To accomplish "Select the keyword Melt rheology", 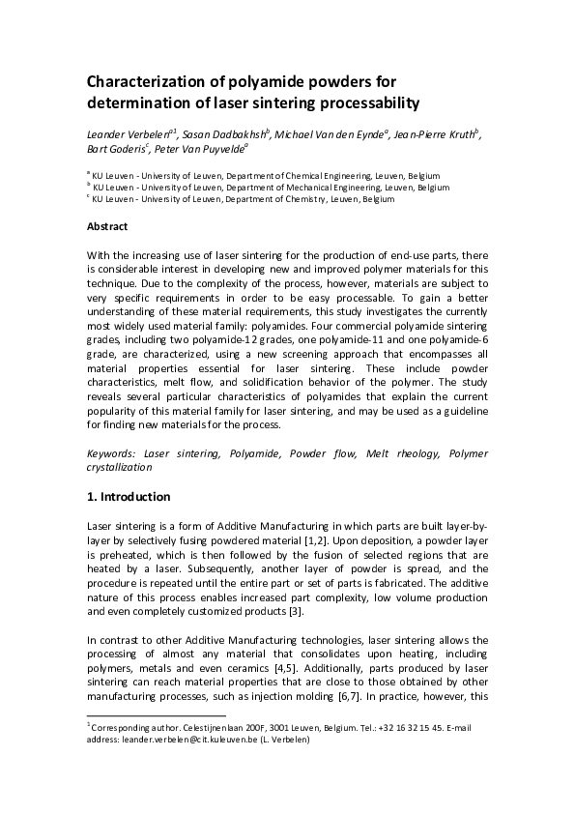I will click(x=397, y=452).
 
